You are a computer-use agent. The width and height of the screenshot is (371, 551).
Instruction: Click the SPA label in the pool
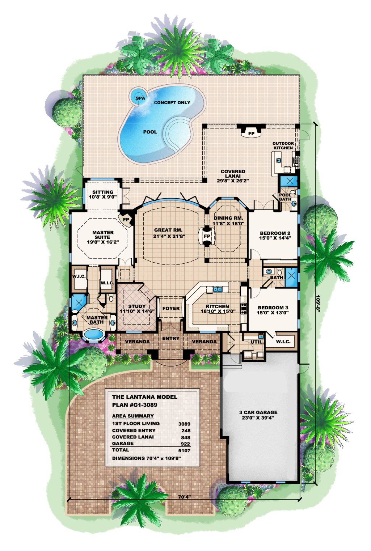(x=140, y=98)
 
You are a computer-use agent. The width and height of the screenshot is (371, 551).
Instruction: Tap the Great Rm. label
(x=168, y=230)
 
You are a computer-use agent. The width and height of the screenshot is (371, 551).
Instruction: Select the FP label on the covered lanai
(x=251, y=133)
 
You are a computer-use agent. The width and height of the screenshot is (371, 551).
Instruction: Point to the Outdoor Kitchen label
(x=283, y=145)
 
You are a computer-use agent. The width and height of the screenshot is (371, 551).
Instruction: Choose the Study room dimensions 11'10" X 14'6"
(x=137, y=311)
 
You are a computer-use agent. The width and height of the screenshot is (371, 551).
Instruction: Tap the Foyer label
(x=171, y=308)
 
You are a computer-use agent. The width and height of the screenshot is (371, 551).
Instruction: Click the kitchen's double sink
(x=218, y=289)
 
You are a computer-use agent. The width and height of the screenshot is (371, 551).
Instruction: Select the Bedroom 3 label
(x=273, y=308)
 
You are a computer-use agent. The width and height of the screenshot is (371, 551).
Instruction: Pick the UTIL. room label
(x=257, y=342)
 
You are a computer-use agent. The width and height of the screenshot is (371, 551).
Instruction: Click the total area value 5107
(x=184, y=450)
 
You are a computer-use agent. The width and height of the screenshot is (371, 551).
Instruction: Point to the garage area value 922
(x=185, y=444)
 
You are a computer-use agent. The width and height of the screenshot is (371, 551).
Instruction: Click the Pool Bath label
(x=285, y=197)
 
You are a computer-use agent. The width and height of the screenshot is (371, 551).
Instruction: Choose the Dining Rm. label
(x=228, y=218)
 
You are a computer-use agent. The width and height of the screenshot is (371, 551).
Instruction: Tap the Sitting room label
(x=103, y=192)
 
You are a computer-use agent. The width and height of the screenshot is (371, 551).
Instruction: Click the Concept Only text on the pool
(x=172, y=102)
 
